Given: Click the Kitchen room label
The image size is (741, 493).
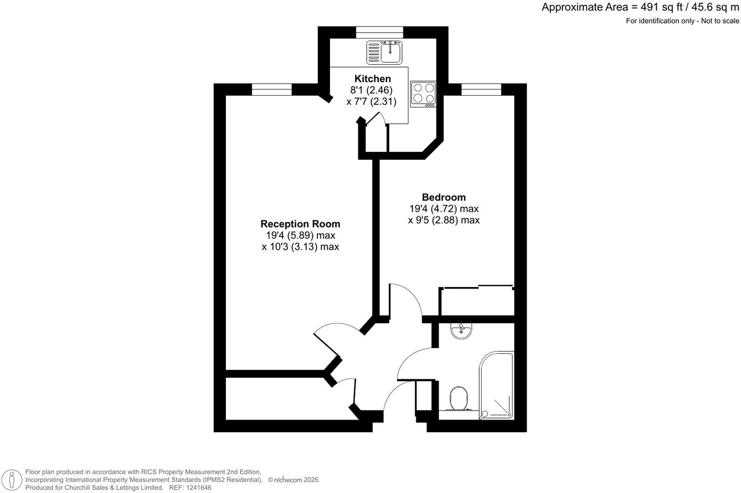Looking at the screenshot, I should click(x=373, y=79).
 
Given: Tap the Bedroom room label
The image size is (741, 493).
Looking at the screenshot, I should click(x=444, y=197).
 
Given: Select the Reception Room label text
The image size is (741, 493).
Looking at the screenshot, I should click(x=300, y=224).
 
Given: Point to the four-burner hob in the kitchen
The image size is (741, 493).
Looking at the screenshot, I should click(x=424, y=94).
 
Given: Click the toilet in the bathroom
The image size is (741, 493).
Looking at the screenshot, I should click(x=458, y=399).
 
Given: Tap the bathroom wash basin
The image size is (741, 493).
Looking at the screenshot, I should click(x=461, y=331).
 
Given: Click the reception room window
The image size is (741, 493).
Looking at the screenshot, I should click(x=271, y=89).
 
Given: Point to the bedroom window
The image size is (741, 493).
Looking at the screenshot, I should click(x=481, y=89).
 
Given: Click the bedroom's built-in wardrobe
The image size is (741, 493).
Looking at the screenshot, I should click(x=477, y=302).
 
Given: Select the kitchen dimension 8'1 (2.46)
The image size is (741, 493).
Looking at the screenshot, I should click(x=371, y=90).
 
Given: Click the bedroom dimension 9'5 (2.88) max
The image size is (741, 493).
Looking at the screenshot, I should click(x=444, y=220).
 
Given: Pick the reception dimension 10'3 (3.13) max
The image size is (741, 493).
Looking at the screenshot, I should click(x=300, y=246).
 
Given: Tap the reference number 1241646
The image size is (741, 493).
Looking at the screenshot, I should click(x=198, y=487).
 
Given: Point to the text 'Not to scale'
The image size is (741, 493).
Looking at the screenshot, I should click(x=720, y=21).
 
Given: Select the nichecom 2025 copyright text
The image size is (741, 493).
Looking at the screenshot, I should click(x=294, y=480).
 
